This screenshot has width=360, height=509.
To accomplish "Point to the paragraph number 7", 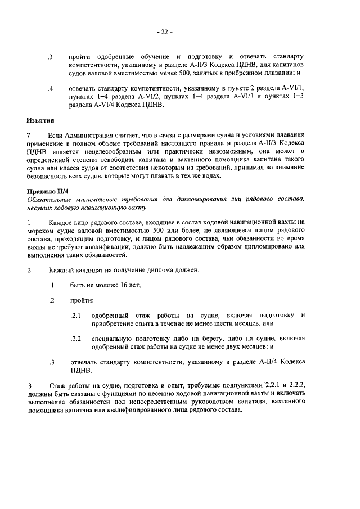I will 29,136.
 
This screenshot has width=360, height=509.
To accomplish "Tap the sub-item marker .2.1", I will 76,316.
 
